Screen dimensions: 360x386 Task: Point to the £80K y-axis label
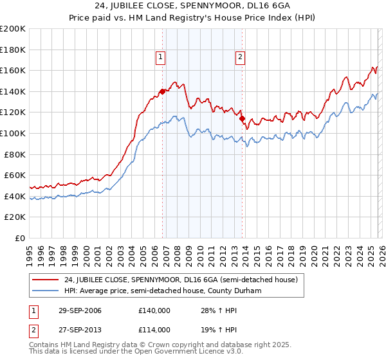click(15, 154)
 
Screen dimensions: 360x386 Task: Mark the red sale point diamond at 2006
click(162, 91)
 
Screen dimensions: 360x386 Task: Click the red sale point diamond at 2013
click(242, 118)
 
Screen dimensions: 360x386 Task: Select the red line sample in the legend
click(45, 280)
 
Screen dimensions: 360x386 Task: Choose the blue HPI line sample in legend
click(45, 290)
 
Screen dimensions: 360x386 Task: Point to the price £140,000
click(154, 311)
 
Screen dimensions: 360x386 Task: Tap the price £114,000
click(154, 329)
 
